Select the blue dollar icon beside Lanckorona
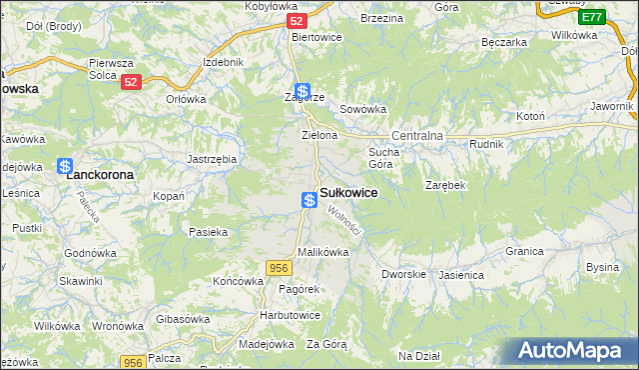pos(65,167)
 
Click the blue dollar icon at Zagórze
pos(302,91)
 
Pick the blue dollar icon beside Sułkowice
pos(310,200)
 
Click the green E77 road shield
pos(591,17)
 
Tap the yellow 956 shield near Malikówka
pos(279,267)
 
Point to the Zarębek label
pos(445,186)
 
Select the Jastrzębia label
pos(212,158)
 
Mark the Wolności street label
pos(343,221)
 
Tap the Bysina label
pos(602,267)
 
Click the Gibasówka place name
pos(183,318)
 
